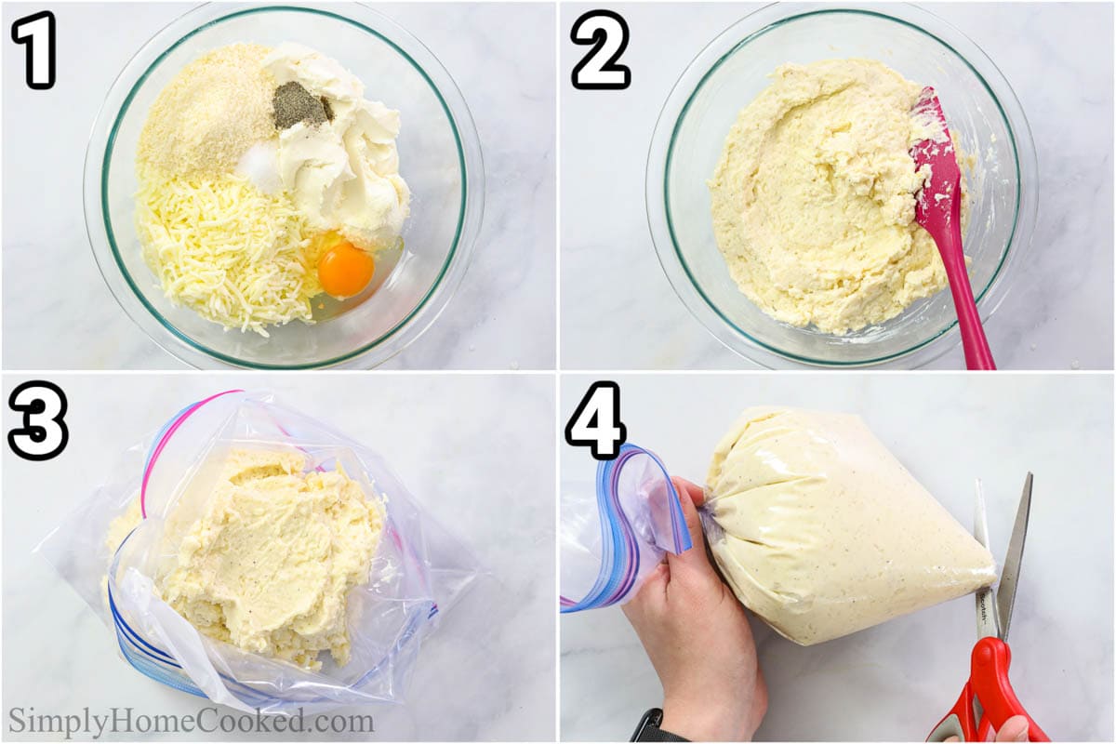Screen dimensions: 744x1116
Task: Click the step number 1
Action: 33,50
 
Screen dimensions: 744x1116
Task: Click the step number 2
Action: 600,50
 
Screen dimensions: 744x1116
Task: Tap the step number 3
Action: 37,420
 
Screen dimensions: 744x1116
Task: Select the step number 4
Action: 595,420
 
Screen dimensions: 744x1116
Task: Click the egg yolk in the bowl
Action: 345,271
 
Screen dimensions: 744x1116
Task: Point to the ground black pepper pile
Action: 299,106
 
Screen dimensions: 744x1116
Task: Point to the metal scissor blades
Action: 1009,549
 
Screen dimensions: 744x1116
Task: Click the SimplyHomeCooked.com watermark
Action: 191,721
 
